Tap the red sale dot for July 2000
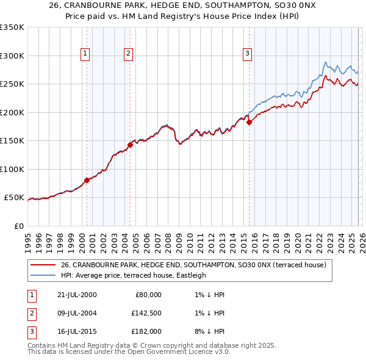click(x=87, y=180)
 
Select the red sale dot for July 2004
click(x=130, y=145)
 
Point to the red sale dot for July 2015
click(x=249, y=123)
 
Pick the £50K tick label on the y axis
click(x=14, y=198)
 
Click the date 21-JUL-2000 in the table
click(x=76, y=295)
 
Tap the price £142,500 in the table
click(x=146, y=313)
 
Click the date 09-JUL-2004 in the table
click(x=76, y=313)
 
